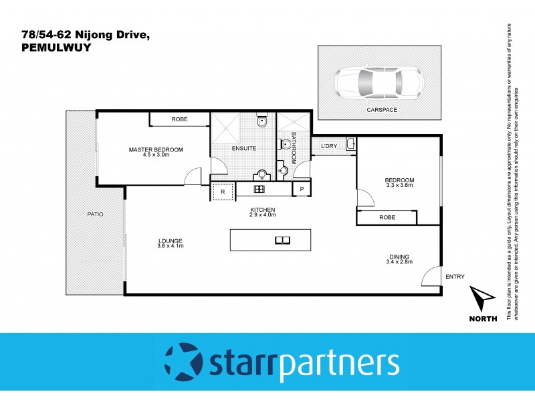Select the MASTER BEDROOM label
(x=156, y=149)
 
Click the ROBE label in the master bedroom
(x=179, y=119)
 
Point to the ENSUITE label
(x=243, y=148)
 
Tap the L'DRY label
(x=328, y=146)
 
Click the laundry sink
(x=350, y=143)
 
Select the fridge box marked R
(x=223, y=190)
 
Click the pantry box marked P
(x=302, y=190)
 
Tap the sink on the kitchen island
(x=282, y=241)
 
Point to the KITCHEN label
(x=262, y=210)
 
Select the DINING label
(x=400, y=256)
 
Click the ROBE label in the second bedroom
(x=387, y=217)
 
